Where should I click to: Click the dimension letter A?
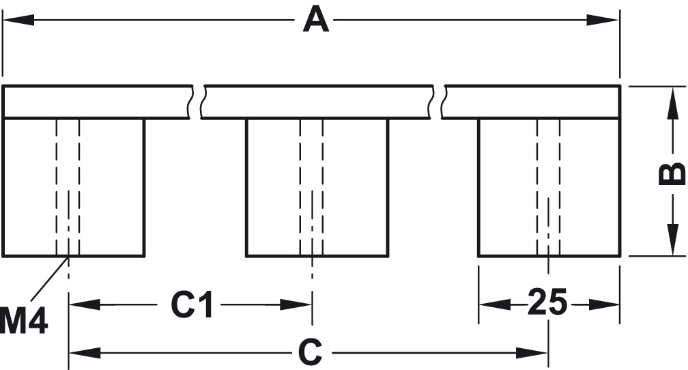(315, 20)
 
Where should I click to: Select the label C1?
(192, 305)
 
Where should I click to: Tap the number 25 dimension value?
(547, 302)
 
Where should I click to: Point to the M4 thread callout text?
(24, 322)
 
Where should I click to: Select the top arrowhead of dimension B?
(667, 100)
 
